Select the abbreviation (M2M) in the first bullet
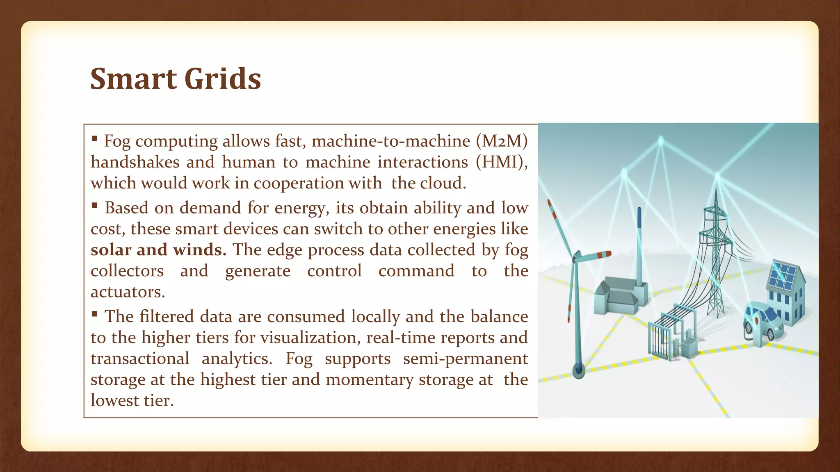[x=502, y=141]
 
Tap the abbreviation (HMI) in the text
[x=501, y=162]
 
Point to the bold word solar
[x=111, y=250]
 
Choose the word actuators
[x=128, y=292]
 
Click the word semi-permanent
[x=465, y=359]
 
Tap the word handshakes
[x=135, y=162]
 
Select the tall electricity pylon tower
[x=716, y=254]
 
